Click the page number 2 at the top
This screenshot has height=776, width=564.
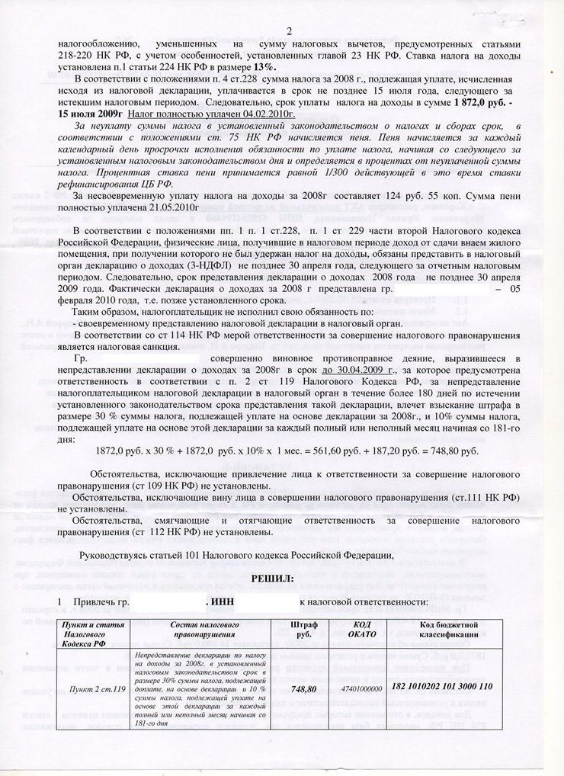click(x=290, y=31)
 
